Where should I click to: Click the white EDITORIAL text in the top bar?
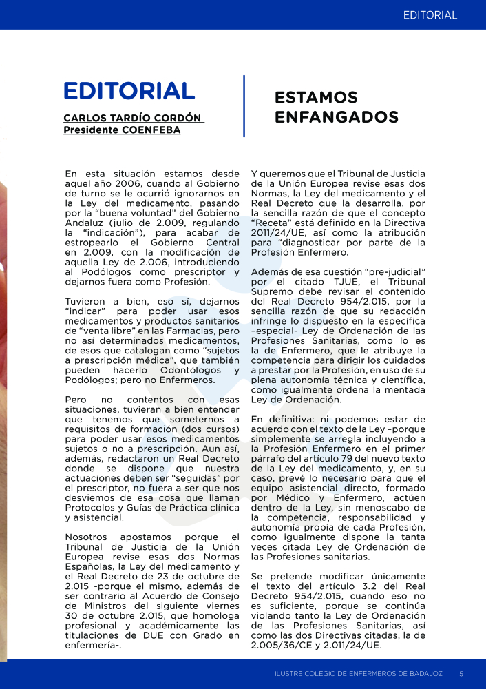(x=430, y=14)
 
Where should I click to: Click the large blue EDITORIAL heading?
(x=129, y=90)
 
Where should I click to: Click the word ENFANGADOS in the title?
(x=336, y=117)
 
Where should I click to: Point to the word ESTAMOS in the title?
(x=316, y=97)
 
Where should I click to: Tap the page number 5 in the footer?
(x=461, y=672)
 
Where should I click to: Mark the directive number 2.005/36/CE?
(x=290, y=645)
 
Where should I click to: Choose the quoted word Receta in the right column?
(x=273, y=223)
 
